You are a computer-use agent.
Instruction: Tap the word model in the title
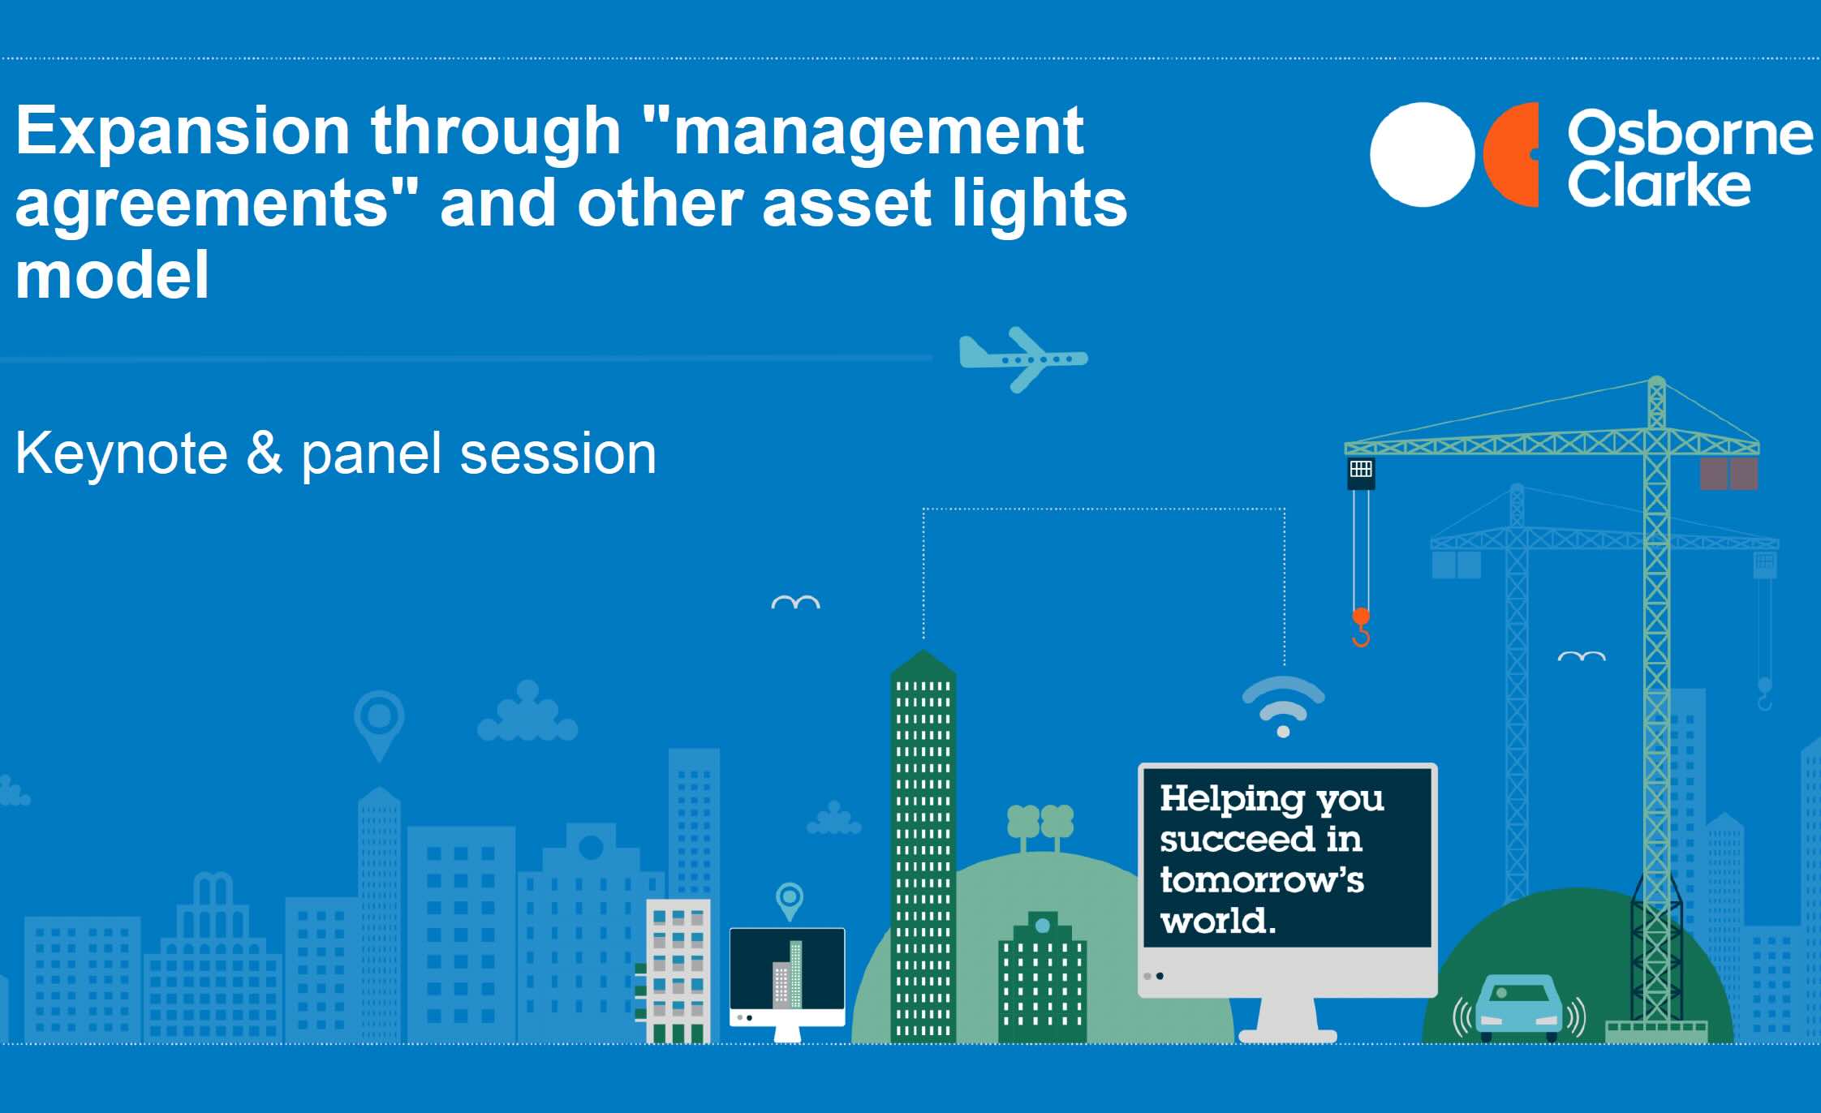[113, 276]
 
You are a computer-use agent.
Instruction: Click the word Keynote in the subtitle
[121, 454]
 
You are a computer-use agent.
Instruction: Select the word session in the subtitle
[558, 454]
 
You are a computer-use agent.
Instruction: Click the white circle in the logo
[1422, 154]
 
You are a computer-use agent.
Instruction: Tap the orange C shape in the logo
[1511, 154]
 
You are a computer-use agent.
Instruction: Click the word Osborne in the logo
[1688, 134]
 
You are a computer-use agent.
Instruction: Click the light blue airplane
[1022, 359]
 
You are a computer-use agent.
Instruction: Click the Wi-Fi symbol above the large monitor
[1283, 705]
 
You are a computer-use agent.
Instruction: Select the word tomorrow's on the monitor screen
[1262, 880]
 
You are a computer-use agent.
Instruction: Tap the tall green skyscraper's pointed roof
[923, 664]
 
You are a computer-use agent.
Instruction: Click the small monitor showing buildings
[787, 978]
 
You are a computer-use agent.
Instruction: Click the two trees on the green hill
[1040, 824]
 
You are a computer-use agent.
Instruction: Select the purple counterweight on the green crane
[1728, 474]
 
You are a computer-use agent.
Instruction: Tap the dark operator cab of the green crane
[1361, 473]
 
